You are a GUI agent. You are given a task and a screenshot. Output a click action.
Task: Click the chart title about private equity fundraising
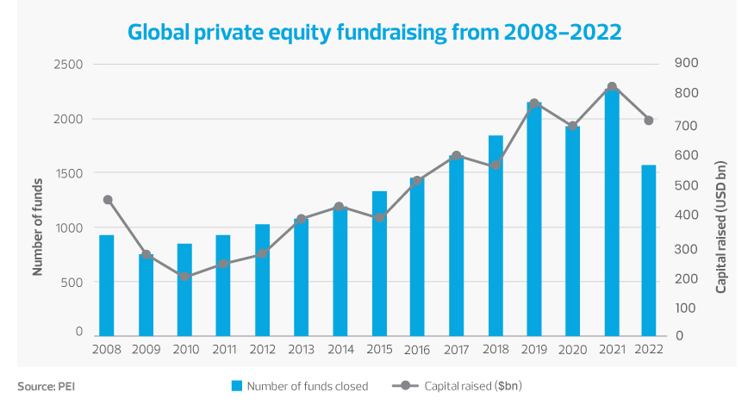(375, 32)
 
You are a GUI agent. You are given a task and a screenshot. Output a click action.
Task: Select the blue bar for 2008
(107, 284)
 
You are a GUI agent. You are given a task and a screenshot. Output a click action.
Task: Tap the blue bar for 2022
(649, 249)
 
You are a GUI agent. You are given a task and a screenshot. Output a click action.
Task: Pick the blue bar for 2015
(379, 263)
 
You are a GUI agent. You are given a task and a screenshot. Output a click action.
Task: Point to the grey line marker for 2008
(108, 200)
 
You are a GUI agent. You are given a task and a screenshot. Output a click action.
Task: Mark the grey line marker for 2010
(185, 277)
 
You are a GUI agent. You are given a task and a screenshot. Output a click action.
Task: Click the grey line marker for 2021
(612, 87)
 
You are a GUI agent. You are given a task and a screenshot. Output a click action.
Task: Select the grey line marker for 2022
(649, 121)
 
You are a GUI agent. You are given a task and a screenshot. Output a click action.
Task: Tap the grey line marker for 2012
(263, 254)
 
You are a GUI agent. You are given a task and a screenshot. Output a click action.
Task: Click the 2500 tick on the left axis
(69, 65)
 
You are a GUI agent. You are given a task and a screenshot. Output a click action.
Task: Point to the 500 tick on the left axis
(72, 282)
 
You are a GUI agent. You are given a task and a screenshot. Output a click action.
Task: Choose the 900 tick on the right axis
(687, 63)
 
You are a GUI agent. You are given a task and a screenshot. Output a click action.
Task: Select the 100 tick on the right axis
(687, 307)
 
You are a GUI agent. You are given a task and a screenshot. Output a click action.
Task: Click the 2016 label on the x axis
(418, 350)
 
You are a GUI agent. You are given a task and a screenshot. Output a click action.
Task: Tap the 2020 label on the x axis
(573, 350)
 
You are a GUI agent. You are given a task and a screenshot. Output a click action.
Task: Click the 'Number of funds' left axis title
(38, 226)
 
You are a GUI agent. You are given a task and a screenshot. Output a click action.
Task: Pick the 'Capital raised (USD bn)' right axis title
(721, 226)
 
